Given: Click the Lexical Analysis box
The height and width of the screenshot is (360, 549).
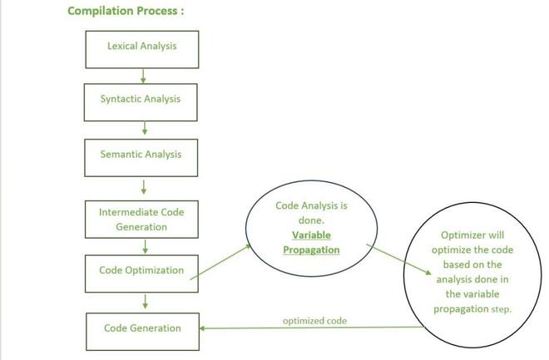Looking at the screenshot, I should pos(141,47).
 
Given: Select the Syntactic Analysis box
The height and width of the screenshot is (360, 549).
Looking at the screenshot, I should pos(141,100).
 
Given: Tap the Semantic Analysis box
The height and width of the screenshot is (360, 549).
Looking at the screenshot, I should pos(141,155).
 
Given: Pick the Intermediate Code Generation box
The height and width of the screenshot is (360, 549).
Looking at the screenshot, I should pos(141,219).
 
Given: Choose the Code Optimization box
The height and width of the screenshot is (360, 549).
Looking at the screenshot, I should pos(141,271).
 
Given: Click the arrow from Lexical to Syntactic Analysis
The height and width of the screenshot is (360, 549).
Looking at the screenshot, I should pos(144,76).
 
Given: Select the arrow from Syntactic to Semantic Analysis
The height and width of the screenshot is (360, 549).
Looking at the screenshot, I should pos(144,128).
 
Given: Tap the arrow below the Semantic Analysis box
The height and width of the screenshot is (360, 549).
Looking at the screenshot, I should pos(144,186).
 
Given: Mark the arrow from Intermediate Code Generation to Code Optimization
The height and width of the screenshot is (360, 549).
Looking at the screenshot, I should pos(145,247).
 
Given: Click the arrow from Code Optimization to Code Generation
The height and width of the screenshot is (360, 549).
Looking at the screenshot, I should pos(145,300).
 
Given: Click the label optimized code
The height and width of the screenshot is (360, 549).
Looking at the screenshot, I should pos(314,321).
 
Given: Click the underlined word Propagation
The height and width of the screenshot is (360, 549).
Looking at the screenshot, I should pos(311,250).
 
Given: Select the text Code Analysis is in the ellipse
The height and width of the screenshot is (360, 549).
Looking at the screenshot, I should pos(311,205).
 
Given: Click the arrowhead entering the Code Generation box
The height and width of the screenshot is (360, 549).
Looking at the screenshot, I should pos(204,328).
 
